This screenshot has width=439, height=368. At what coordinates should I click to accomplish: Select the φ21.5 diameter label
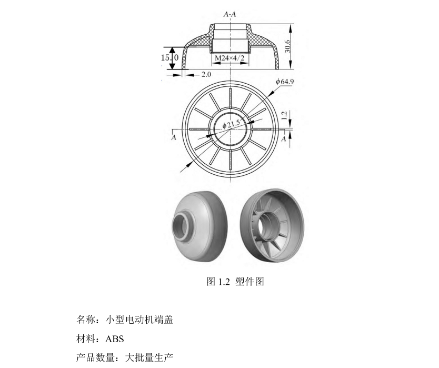231,124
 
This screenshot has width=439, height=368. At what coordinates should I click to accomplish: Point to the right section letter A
284,138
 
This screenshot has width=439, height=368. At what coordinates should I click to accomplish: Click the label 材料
86,339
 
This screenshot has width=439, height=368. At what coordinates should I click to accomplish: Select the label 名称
86,319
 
